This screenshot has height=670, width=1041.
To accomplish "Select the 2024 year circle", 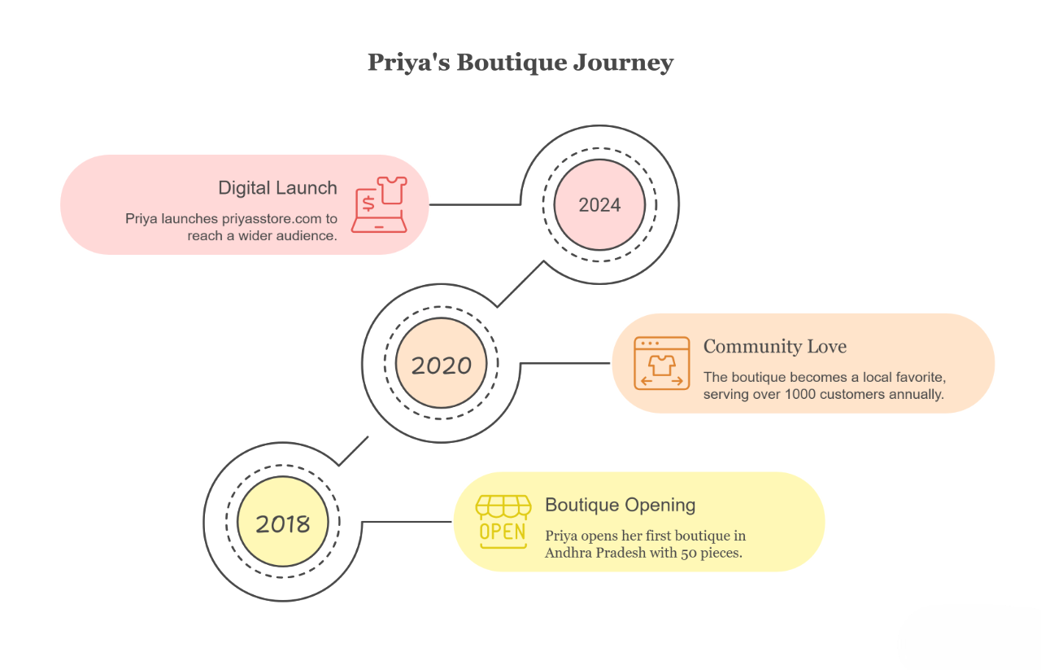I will tap(599, 205).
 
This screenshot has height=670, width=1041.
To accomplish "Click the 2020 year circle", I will tap(441, 366).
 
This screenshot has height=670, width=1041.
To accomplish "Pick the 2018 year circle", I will tap(282, 523).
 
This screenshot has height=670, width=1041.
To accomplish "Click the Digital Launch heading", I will tap(277, 188).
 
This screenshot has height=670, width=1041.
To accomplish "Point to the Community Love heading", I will tap(774, 347).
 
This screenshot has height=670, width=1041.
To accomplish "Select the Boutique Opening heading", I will tap(620, 505).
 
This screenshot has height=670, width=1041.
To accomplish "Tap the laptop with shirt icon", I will tap(379, 204).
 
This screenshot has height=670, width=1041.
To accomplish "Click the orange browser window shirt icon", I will tap(661, 363).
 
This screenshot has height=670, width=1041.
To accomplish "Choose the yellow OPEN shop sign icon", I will tap(503, 522).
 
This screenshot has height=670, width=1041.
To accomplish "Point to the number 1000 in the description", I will tap(802, 395).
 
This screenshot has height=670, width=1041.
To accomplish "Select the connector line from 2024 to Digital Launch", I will tap(476, 204).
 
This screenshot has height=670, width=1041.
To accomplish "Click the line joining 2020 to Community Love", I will tap(565, 363).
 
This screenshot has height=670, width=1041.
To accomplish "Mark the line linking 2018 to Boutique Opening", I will tap(407, 522).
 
